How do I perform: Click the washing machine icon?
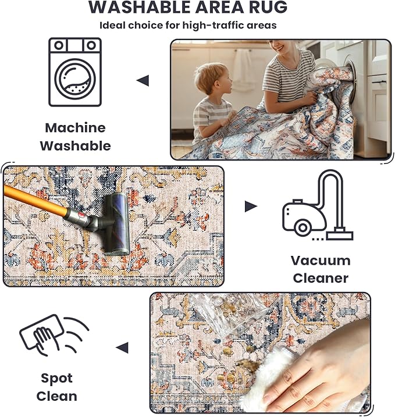(75, 72)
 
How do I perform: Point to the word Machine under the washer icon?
(75, 128)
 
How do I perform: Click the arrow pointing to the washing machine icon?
(143, 81)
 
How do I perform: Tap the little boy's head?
(212, 79)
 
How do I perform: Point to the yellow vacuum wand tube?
(35, 199)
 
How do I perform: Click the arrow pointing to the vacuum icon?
(251, 206)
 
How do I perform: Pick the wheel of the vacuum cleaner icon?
(303, 227)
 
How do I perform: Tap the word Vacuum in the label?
(321, 261)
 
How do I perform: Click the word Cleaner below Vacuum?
(321, 279)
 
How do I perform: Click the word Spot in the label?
(56, 379)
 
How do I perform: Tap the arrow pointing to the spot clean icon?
(122, 348)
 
